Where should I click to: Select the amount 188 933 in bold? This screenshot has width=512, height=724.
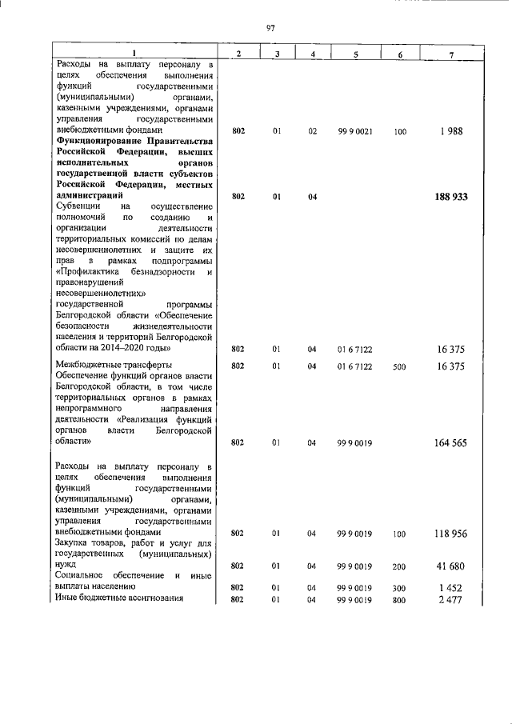tap(452, 196)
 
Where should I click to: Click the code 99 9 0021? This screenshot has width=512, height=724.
tap(353, 130)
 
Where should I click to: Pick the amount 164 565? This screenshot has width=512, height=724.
tap(452, 442)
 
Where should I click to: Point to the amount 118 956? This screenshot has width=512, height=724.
tap(452, 533)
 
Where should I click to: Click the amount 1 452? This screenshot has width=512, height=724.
tap(454, 588)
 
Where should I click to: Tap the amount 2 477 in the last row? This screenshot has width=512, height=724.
tap(454, 599)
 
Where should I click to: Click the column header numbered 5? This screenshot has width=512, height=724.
tap(353, 53)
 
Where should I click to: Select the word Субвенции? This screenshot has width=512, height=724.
tap(78, 206)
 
